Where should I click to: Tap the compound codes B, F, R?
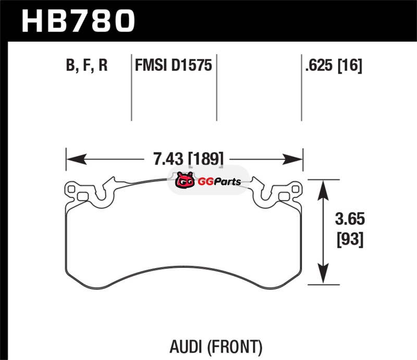coord(87,66)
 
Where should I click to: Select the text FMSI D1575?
coord(173,66)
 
